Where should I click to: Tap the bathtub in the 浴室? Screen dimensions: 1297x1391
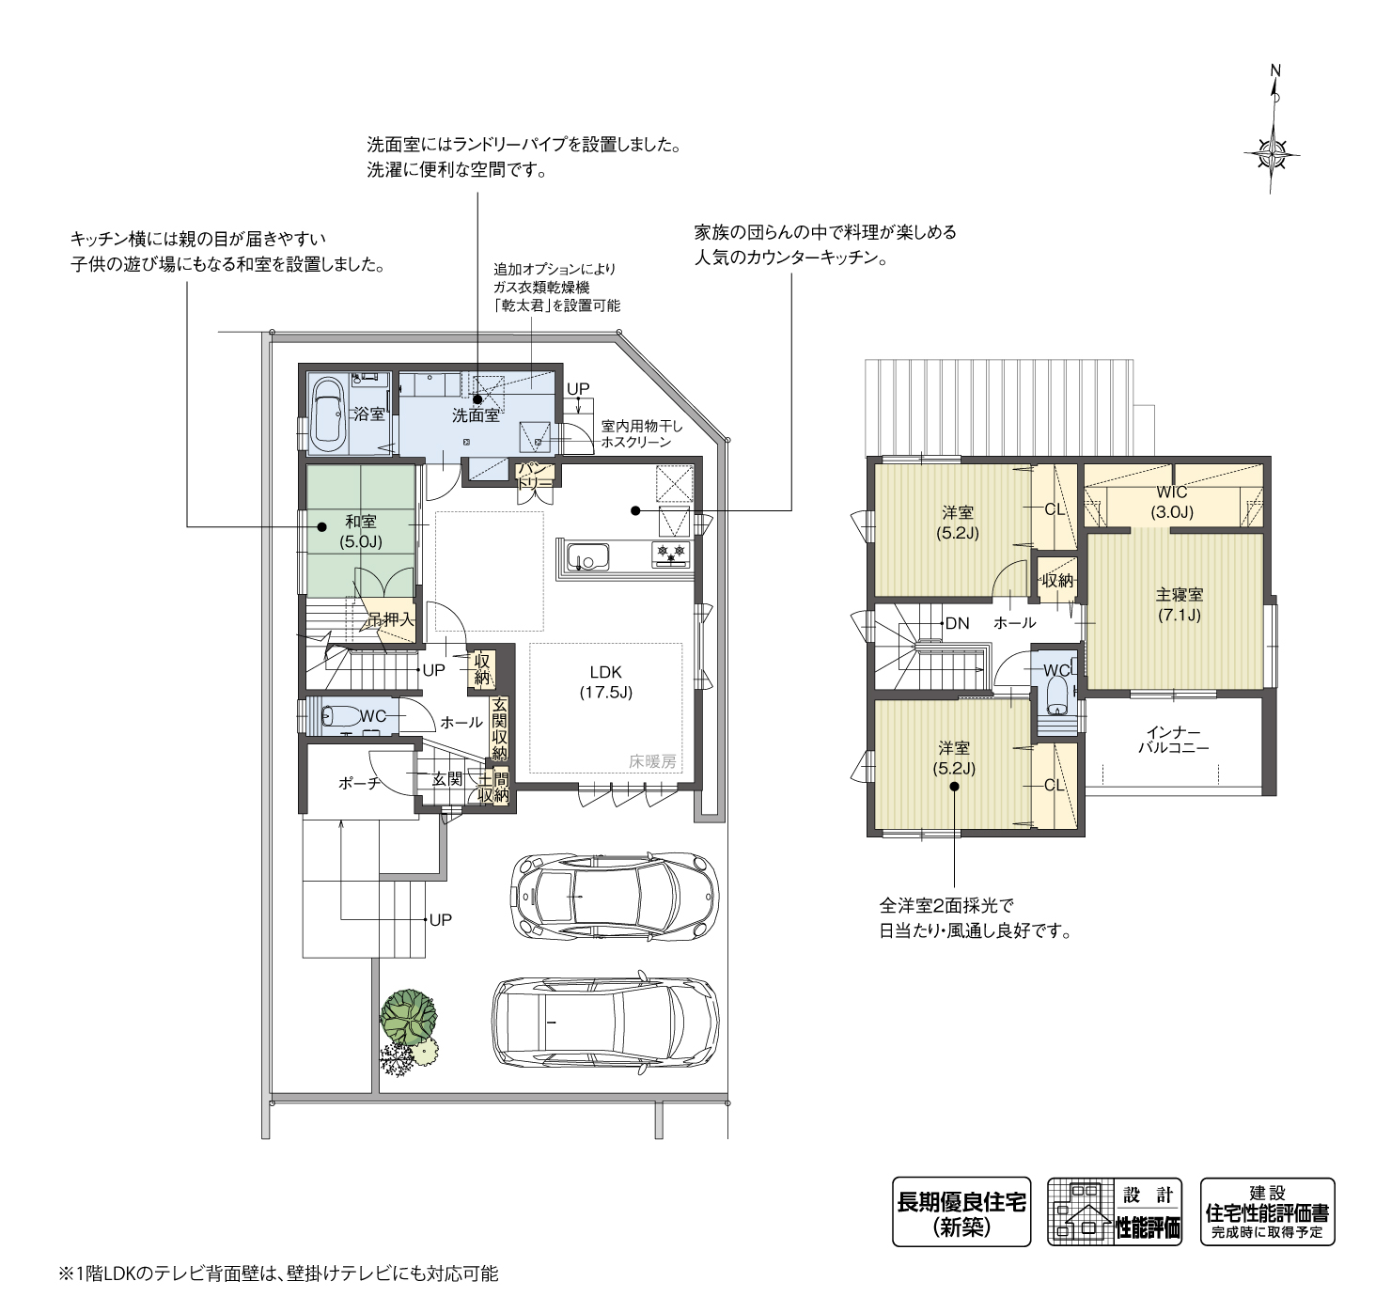[x=328, y=412]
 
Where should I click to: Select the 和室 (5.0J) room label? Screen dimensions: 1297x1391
[x=361, y=531]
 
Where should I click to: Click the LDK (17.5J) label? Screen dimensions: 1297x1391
[x=604, y=682]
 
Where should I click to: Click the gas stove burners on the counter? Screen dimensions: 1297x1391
[x=671, y=554]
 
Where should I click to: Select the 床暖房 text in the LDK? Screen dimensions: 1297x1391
[x=652, y=762]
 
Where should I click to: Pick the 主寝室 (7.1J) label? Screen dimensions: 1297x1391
[x=1179, y=605]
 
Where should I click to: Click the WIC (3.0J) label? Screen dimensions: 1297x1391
[x=1172, y=502]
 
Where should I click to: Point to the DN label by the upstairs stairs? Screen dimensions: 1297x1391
[x=957, y=623]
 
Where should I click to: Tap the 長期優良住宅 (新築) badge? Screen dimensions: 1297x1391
[x=961, y=1212]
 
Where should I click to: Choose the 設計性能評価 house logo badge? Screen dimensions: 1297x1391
[x=1116, y=1212]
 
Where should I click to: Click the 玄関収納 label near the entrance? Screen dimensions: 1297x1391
[x=499, y=729]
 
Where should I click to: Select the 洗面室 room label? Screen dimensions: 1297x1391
[x=476, y=414]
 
